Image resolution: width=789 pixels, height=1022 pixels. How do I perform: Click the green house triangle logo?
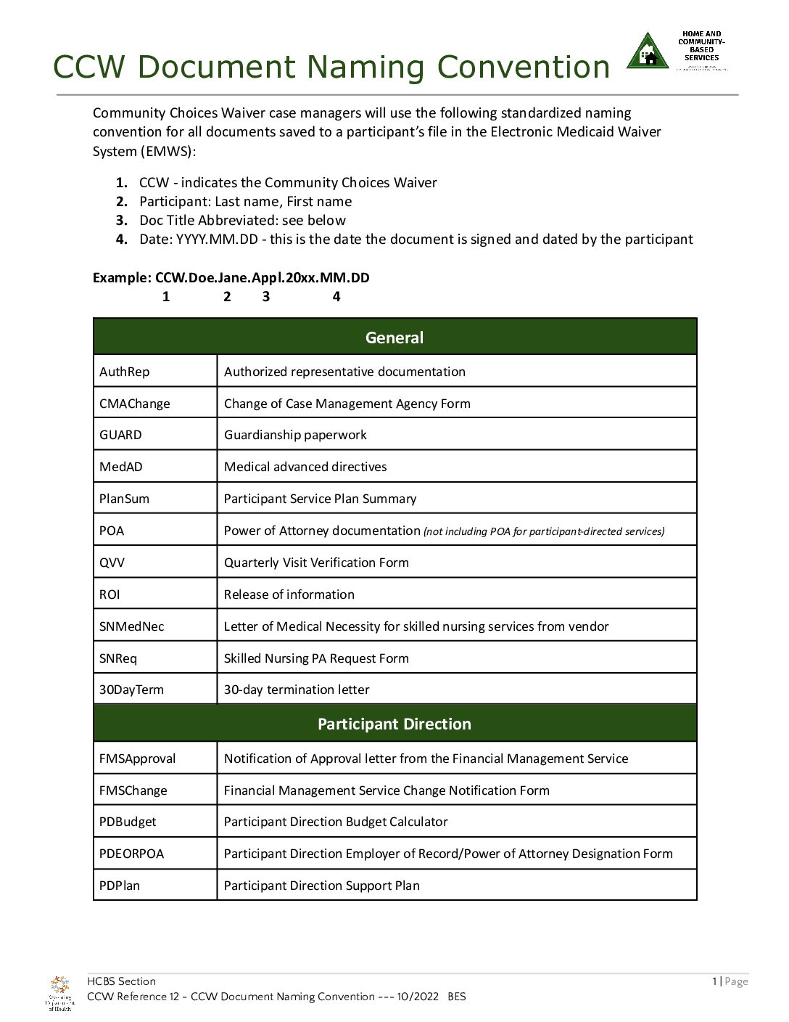click(x=647, y=52)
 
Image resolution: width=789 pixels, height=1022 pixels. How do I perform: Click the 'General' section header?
click(x=394, y=338)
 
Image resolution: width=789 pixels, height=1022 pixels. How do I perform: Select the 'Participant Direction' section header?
click(x=394, y=724)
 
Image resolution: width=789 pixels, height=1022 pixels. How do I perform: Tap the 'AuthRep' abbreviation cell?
click(x=125, y=372)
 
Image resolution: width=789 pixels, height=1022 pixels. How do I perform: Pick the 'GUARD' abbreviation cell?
click(x=120, y=435)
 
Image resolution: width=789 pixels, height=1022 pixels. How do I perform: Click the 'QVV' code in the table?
click(x=112, y=563)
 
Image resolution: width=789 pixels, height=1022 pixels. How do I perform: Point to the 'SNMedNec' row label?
click(x=131, y=626)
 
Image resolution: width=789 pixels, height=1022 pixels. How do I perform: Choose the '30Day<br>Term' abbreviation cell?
click(x=131, y=690)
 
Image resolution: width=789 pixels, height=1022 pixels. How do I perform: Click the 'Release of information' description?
click(x=289, y=594)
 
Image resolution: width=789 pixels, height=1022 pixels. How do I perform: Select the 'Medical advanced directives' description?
click(x=305, y=467)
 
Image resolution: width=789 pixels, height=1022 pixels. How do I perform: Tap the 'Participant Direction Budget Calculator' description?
click(x=336, y=822)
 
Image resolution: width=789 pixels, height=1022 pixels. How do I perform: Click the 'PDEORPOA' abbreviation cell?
click(x=131, y=854)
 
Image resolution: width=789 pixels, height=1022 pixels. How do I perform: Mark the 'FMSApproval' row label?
click(x=137, y=759)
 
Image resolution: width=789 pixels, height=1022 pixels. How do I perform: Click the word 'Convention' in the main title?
click(x=523, y=67)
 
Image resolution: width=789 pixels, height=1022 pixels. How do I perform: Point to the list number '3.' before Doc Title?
click(x=122, y=221)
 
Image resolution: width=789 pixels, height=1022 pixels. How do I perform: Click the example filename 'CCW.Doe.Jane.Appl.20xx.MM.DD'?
click(x=263, y=278)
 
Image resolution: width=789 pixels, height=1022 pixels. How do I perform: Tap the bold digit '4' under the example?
click(x=336, y=297)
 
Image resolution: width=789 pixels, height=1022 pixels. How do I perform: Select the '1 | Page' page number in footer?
click(x=730, y=981)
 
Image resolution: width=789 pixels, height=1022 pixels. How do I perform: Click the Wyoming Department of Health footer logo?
click(x=59, y=994)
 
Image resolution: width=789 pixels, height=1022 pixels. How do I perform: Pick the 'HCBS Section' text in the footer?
click(x=121, y=981)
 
